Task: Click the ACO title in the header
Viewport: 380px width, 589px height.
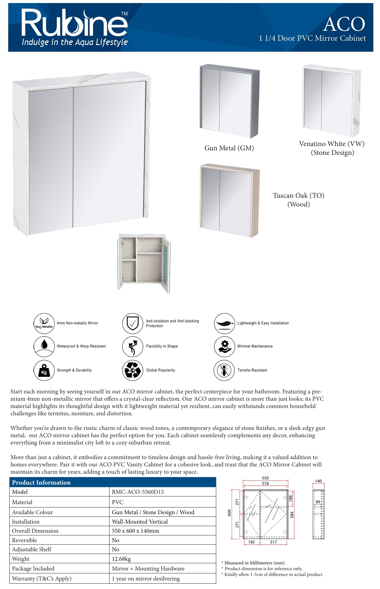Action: [344, 24]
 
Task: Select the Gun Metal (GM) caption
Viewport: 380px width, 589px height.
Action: [229, 148]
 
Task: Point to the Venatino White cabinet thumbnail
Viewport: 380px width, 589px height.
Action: [331, 100]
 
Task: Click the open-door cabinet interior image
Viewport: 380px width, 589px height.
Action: [144, 263]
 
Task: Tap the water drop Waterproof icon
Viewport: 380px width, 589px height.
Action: [44, 346]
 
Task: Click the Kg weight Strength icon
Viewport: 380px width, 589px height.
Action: [44, 370]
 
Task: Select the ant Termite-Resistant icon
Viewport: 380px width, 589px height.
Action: [224, 370]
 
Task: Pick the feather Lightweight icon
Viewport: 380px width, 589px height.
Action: [224, 323]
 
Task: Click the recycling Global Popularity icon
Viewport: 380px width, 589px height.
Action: [133, 370]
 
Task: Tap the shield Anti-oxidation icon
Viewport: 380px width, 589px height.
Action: [133, 323]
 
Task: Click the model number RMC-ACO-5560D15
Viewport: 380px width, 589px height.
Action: [138, 492]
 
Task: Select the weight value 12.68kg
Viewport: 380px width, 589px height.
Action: [121, 559]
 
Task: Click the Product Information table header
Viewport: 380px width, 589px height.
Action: [41, 483]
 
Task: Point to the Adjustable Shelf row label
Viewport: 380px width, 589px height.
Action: [32, 549]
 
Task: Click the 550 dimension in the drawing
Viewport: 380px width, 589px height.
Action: [265, 478]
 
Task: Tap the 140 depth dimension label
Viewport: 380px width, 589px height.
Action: [318, 481]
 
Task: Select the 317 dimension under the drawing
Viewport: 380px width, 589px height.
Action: [273, 542]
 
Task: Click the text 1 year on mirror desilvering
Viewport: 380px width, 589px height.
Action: [146, 579]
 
